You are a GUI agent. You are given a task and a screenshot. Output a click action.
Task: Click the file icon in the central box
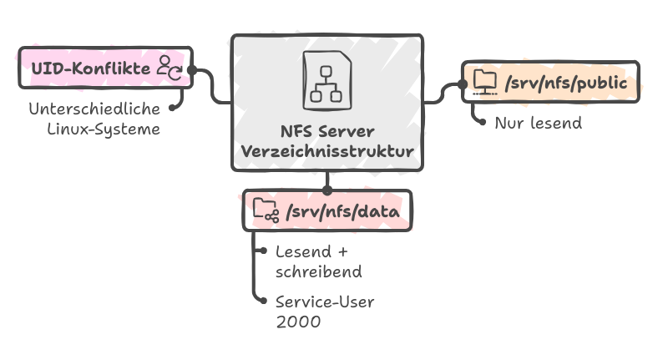tap(327, 79)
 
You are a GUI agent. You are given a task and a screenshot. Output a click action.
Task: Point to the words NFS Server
tap(327, 132)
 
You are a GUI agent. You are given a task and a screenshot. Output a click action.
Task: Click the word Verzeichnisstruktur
tap(327, 152)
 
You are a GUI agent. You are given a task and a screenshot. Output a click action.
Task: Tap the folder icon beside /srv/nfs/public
tap(484, 81)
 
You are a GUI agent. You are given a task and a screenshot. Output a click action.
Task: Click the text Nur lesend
tap(538, 123)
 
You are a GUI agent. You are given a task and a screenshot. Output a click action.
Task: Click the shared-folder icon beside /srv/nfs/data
tap(266, 210)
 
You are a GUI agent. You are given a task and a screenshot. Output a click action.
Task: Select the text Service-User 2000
tap(325, 310)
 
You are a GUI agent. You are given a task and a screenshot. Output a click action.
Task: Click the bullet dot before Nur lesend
tap(482, 122)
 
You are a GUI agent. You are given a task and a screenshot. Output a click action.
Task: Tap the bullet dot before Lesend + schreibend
tap(263, 251)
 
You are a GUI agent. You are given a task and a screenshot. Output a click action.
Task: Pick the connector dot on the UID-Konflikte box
tap(192, 69)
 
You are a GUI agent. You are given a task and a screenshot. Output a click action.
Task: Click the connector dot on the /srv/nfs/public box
tap(463, 84)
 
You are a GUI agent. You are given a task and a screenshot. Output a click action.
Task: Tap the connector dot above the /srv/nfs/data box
tap(327, 190)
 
